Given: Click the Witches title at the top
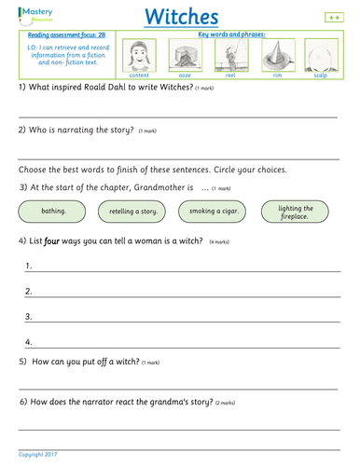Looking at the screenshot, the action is [x=182, y=17].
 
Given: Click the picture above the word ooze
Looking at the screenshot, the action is [x=185, y=54].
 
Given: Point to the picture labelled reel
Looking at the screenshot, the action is [x=229, y=54].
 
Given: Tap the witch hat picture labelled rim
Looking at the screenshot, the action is [x=273, y=54].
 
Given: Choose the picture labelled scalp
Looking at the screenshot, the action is [x=318, y=54].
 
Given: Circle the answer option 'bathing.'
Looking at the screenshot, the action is [x=53, y=211].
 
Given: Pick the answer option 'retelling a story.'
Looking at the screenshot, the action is [x=138, y=212].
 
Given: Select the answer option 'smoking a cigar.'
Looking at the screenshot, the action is [x=219, y=211].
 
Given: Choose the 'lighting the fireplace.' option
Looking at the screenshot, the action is [x=300, y=211].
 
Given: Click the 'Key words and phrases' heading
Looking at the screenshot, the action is [x=228, y=34].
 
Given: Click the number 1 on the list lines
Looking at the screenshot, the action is [x=29, y=266].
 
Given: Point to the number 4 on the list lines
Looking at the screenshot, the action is [x=29, y=342].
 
